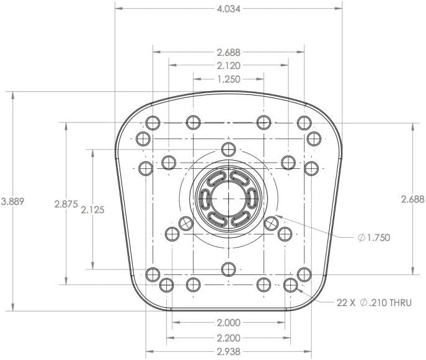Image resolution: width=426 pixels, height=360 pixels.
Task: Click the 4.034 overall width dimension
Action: coord(228,9)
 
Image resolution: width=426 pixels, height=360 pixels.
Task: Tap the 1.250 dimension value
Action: coord(228,79)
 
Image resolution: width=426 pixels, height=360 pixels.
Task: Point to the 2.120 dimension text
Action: coord(228,65)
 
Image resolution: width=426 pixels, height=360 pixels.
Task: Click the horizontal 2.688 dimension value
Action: coord(228,52)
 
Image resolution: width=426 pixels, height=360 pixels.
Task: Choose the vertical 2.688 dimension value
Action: coord(413,199)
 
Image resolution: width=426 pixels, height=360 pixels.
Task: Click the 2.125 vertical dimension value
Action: coord(92,210)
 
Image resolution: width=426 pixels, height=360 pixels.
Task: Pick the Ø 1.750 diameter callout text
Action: coord(374,238)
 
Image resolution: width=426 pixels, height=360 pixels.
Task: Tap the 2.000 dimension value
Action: coord(228,323)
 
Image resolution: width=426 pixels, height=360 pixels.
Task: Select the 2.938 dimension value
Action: coord(228,351)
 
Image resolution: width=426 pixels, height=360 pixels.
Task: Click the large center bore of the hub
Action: coord(229,200)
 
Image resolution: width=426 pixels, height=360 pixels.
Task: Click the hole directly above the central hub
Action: coord(229,149)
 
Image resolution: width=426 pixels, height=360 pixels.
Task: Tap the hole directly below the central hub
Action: coord(229,269)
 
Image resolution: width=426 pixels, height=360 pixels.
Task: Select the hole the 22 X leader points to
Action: coord(290,285)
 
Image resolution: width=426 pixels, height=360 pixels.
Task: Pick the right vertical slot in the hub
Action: coord(252,200)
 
